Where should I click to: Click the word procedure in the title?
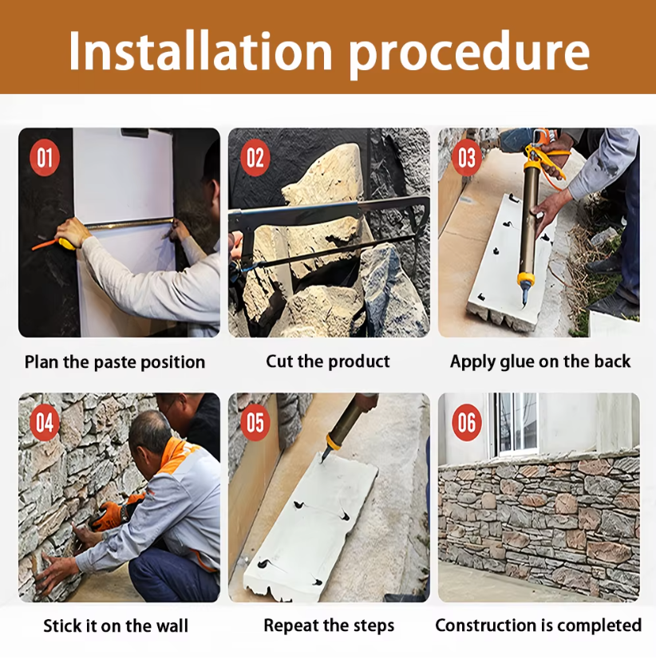click(x=469, y=54)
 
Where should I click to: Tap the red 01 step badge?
click(x=45, y=158)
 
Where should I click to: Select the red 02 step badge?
click(x=255, y=158)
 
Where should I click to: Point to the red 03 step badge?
click(x=467, y=158)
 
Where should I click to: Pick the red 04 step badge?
click(x=45, y=422)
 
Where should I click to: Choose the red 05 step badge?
click(x=255, y=422)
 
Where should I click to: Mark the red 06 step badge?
click(x=467, y=422)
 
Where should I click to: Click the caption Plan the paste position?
click(x=115, y=362)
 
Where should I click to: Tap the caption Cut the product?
click(x=328, y=361)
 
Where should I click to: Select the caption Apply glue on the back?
click(x=540, y=362)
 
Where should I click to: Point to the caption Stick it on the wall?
click(x=116, y=626)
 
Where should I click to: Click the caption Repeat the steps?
click(x=329, y=626)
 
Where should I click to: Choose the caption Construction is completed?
click(x=539, y=626)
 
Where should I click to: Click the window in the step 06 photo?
click(x=516, y=424)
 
